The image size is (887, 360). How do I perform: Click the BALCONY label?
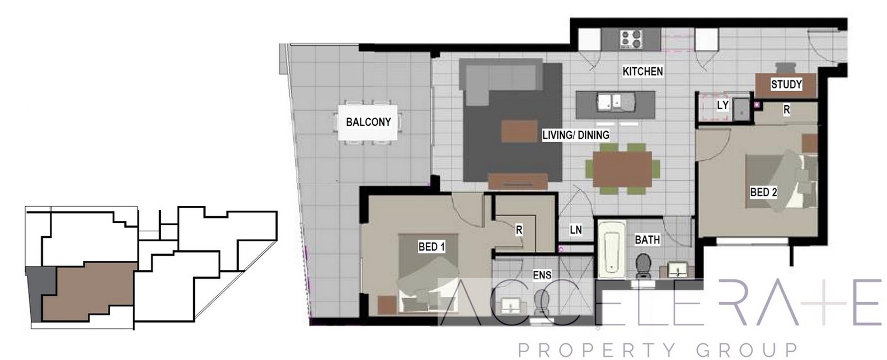coord(368,122)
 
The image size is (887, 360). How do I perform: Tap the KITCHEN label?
coord(642,71)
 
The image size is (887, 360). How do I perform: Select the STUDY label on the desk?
coord(786,85)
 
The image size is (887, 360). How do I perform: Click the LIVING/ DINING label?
coord(576,135)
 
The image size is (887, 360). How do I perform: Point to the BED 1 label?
coord(431,247)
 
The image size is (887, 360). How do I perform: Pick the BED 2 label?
coord(763,193)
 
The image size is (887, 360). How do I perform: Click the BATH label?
coord(647,240)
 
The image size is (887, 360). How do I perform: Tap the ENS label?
coord(542,275)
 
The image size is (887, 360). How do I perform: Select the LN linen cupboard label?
coord(576,230)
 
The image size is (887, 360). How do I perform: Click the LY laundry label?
coord(722,105)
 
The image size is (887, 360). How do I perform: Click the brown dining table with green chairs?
coord(622,170)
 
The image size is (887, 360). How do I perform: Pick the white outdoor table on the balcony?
coord(368,123)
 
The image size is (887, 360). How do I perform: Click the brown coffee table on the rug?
coord(519,130)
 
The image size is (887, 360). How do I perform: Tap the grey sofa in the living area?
coord(501,81)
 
